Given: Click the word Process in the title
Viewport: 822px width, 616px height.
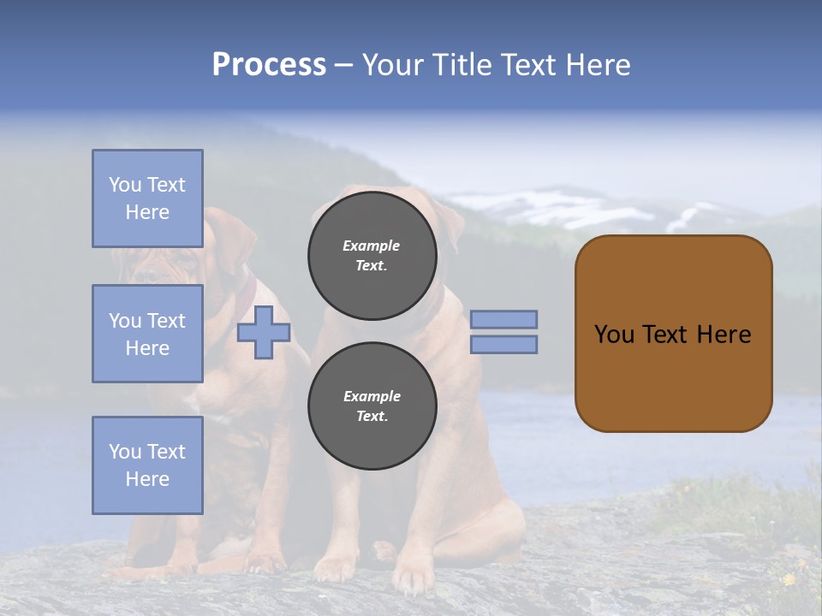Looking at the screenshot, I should coord(269,65).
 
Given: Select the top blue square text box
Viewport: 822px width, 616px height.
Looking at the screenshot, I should coord(147,198).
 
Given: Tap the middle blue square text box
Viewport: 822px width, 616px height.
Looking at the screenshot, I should coord(147,334).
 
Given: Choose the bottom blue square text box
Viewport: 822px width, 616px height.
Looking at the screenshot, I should coord(147,465).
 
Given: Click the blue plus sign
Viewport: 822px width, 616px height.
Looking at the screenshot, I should coord(264,332).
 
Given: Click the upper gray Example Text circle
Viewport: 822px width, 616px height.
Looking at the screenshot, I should coord(372,256).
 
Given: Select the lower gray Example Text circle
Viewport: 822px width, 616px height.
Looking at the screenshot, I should coord(372,406).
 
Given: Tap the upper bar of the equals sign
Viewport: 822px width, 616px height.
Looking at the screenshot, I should coord(504,319).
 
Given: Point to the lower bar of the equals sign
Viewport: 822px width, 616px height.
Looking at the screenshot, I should coord(504,344).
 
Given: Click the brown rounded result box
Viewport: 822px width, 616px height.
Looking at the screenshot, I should coord(673,376).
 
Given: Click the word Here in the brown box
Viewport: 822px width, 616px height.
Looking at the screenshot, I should coord(724,335).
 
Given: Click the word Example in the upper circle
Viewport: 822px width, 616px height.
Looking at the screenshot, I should coord(371,246).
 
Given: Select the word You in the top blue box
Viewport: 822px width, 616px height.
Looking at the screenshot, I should coord(124,185).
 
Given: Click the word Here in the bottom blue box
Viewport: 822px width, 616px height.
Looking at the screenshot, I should coord(147,479).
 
